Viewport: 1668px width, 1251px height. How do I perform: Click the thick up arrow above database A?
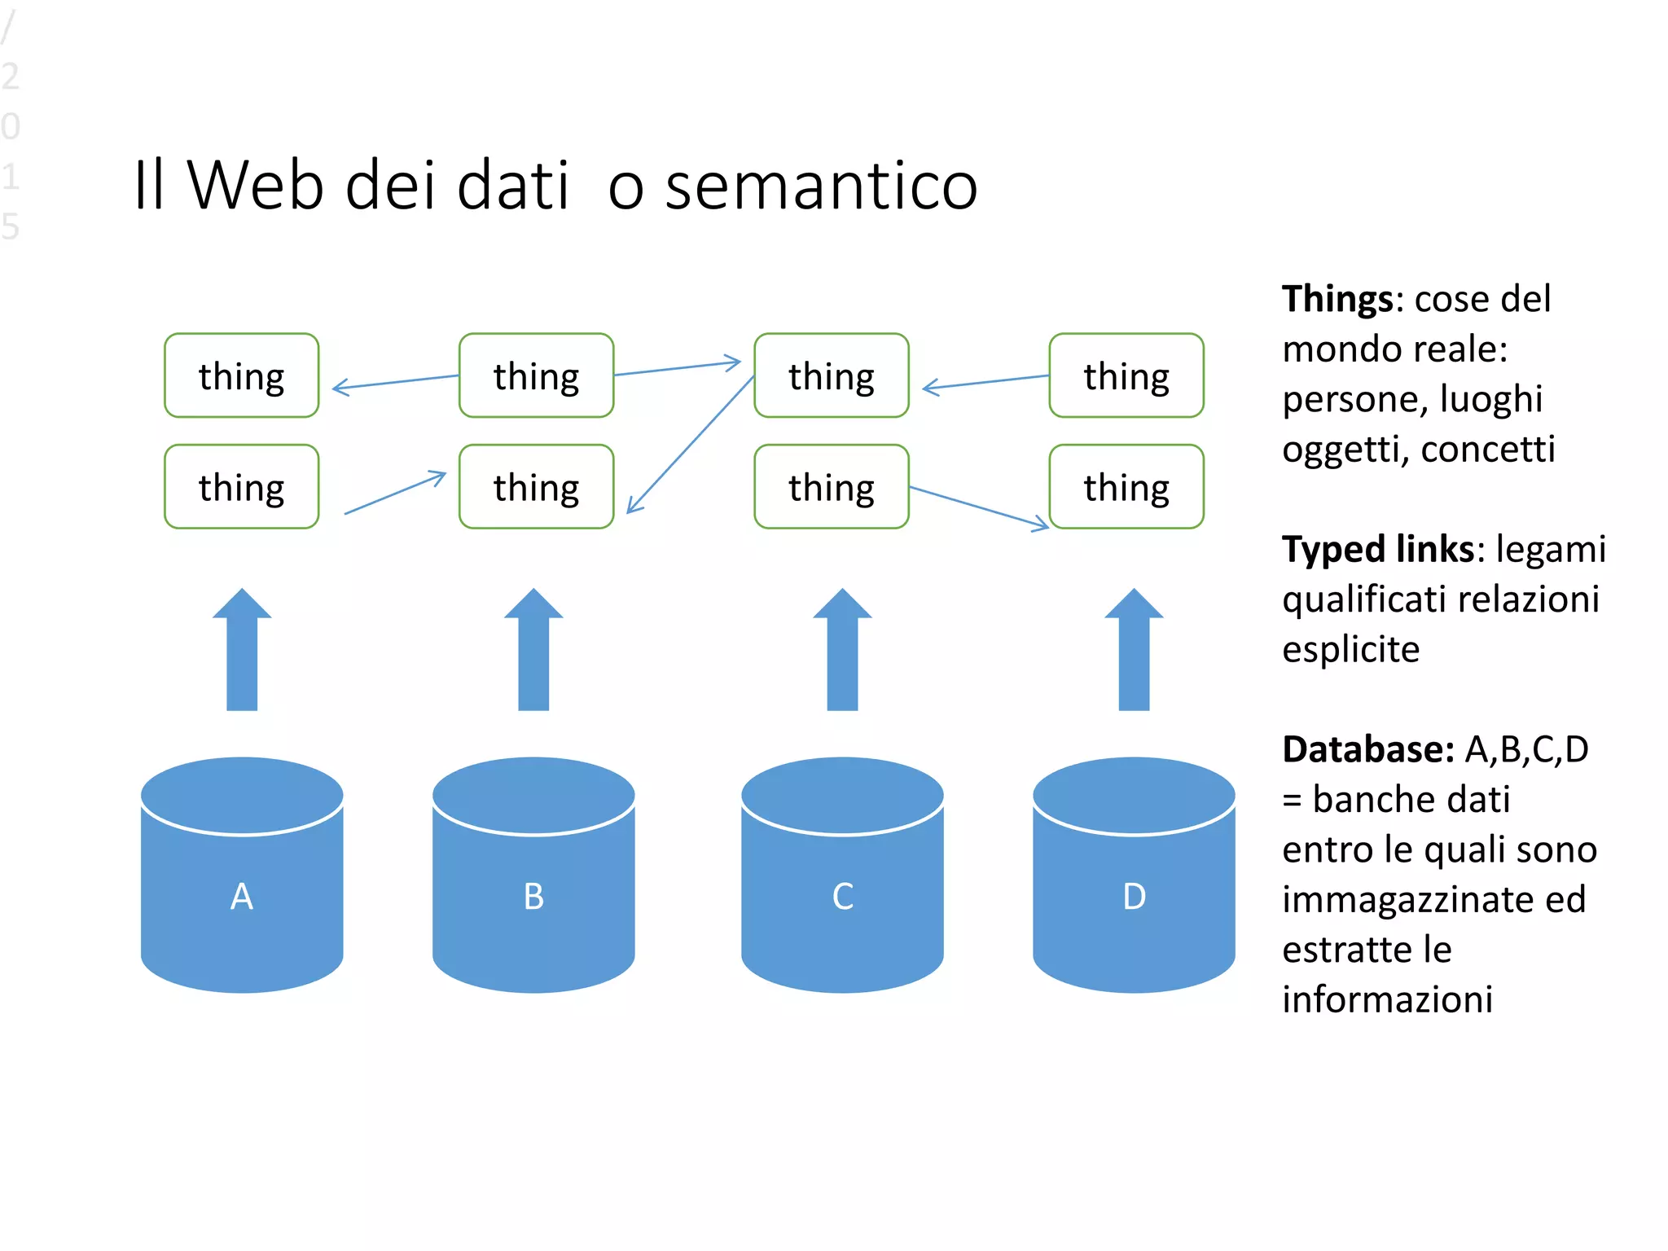tap(242, 652)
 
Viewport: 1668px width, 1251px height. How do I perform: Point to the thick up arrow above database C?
tap(842, 652)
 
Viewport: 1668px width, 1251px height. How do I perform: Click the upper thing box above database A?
tap(242, 375)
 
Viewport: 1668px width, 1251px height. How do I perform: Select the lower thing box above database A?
tap(242, 487)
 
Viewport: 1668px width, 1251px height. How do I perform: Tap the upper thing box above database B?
tap(536, 375)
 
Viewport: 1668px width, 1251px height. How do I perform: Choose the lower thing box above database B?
tap(536, 487)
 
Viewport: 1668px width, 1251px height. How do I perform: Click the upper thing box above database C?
tap(831, 375)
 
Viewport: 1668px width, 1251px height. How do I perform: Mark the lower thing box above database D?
tap(1126, 487)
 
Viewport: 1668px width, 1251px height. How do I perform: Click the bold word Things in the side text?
tap(1337, 300)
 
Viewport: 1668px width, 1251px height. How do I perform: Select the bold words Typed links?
tap(1377, 550)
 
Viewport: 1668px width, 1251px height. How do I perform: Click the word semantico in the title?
tap(821, 187)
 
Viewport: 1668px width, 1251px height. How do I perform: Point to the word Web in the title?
tap(256, 187)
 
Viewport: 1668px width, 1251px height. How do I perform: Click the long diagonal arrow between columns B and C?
tap(691, 445)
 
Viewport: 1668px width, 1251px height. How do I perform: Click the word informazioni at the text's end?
tap(1387, 1000)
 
